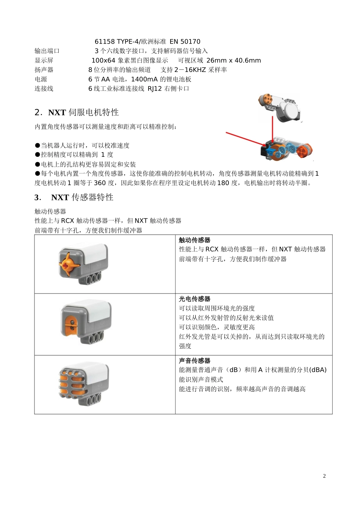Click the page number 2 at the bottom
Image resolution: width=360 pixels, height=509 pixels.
(324, 476)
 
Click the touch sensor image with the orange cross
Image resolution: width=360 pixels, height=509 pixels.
(83, 264)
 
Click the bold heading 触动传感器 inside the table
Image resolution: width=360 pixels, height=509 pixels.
(194, 240)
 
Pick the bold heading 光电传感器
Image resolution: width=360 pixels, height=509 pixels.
(194, 299)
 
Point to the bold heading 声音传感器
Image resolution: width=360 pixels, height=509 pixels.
(194, 361)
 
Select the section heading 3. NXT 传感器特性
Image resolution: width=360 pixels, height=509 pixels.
(74, 197)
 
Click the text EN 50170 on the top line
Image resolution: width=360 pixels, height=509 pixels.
(185, 42)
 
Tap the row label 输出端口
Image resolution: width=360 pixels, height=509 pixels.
(47, 51)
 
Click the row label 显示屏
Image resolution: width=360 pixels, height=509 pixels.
(44, 61)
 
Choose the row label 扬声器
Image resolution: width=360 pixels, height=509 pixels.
(44, 70)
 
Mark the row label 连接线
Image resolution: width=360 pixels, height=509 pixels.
(44, 89)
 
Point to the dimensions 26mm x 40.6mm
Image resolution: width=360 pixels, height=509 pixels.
(233, 61)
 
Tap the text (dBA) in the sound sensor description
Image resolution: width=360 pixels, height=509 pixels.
(318, 370)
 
